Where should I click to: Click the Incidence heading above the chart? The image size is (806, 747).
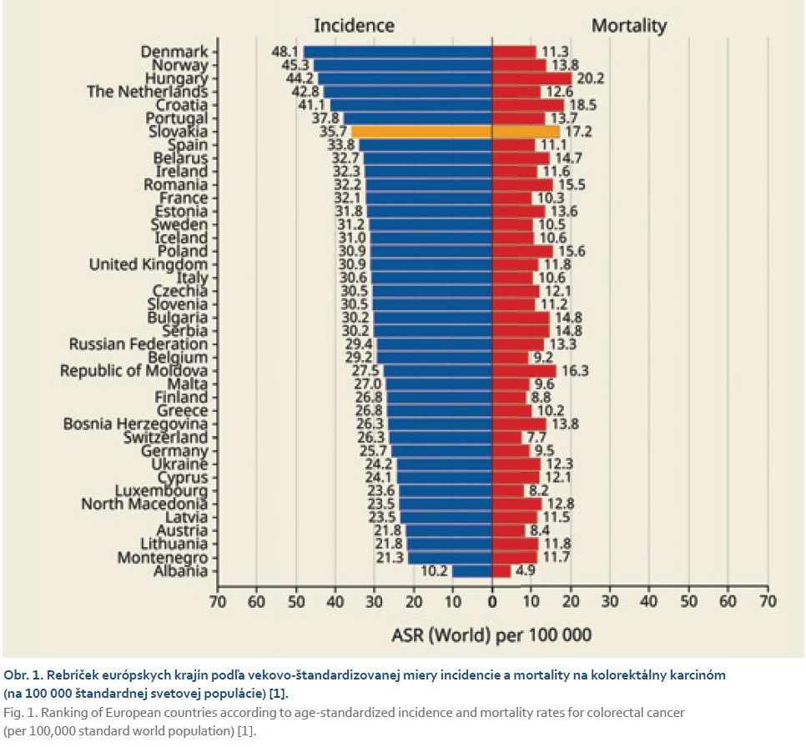[x=354, y=25]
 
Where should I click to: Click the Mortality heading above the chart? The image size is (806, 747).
[x=629, y=25]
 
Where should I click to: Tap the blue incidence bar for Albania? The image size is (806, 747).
[x=471, y=571]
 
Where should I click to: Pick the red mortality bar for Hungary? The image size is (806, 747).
[x=531, y=78]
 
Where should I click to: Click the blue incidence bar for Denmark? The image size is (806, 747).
[x=397, y=52]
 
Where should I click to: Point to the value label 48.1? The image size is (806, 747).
[x=285, y=52]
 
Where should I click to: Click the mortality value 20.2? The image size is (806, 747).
[x=588, y=78]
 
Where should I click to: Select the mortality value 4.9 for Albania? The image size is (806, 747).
[x=526, y=571]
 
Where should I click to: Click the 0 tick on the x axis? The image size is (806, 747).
[x=492, y=601]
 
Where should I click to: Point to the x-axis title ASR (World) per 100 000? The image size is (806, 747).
[x=491, y=636]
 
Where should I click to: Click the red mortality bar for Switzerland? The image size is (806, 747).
[x=507, y=438]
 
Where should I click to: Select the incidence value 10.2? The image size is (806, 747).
[x=433, y=571]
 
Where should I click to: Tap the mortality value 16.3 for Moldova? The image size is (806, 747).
[x=573, y=371]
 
